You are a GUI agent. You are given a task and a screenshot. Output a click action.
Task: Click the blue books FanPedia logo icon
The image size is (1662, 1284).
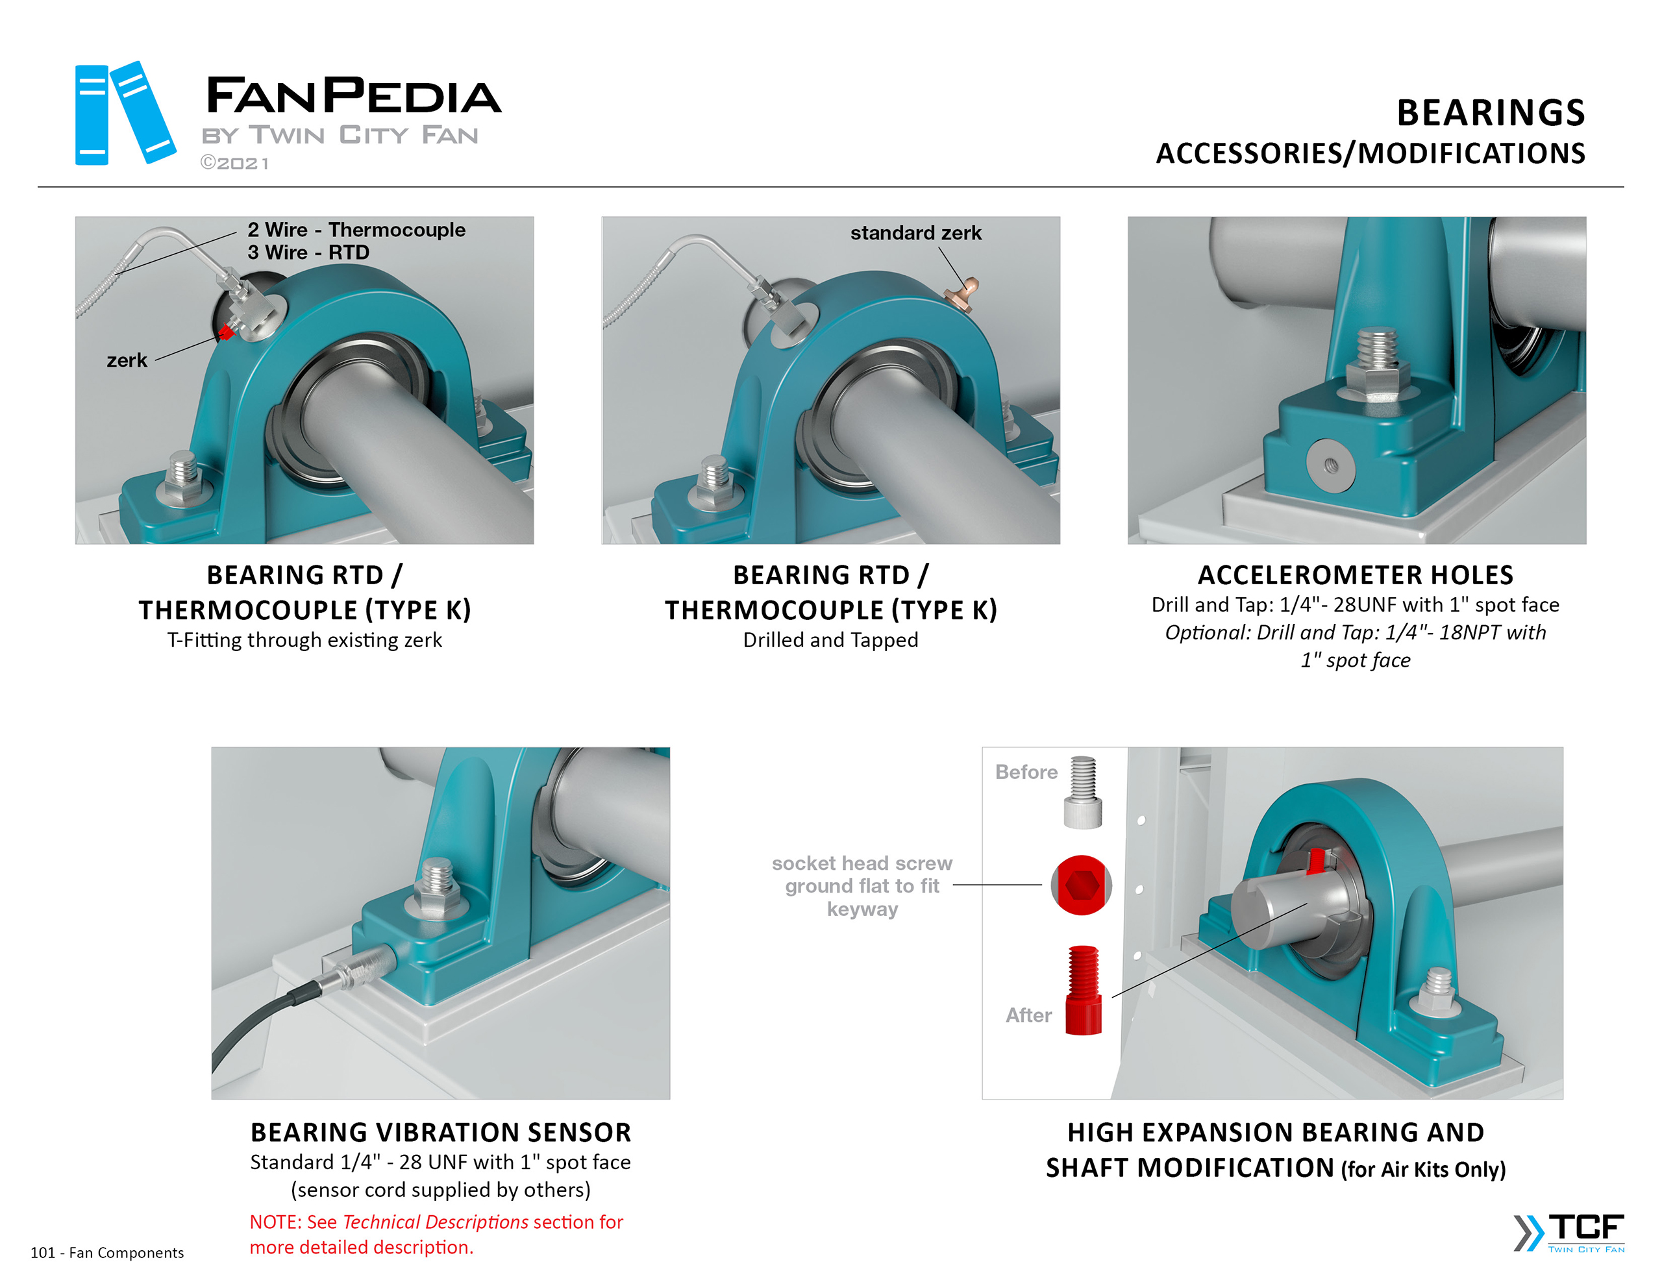pyautogui.click(x=125, y=113)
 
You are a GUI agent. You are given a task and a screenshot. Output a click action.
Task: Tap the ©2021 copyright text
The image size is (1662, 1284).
pyautogui.click(x=234, y=163)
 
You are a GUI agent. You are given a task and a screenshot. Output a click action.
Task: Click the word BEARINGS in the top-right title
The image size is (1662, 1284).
pyautogui.click(x=1490, y=113)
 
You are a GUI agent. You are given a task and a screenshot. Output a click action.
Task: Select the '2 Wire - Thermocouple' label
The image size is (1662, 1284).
pyautogui.click(x=356, y=229)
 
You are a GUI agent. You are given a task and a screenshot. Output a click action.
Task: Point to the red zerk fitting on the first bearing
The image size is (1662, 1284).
pyautogui.click(x=226, y=332)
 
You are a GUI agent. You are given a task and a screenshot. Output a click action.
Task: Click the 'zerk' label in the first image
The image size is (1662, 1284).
pyautogui.click(x=127, y=360)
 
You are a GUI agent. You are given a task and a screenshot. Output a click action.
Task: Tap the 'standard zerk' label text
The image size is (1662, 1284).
pyautogui.click(x=915, y=232)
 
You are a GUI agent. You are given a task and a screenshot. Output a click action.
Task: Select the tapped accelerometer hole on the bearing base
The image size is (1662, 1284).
pyautogui.click(x=1330, y=464)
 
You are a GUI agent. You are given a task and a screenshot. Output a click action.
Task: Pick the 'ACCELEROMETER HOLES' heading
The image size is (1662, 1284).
pyautogui.click(x=1356, y=574)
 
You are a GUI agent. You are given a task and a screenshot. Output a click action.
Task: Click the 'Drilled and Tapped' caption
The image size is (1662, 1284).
pyautogui.click(x=830, y=640)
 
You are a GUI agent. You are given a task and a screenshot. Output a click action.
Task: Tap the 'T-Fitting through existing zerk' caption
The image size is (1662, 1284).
pyautogui.click(x=304, y=640)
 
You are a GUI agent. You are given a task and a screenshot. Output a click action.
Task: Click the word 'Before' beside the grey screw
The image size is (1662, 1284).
pyautogui.click(x=1026, y=772)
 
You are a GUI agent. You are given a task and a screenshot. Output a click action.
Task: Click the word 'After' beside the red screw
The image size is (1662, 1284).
pyautogui.click(x=1028, y=1015)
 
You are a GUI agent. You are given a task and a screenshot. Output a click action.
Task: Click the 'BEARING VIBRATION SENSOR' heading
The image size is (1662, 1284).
pyautogui.click(x=441, y=1132)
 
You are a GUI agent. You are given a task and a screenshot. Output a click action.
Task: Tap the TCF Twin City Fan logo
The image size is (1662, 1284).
pyautogui.click(x=1569, y=1232)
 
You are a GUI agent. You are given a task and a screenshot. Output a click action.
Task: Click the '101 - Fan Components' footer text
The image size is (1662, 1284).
pyautogui.click(x=107, y=1253)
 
